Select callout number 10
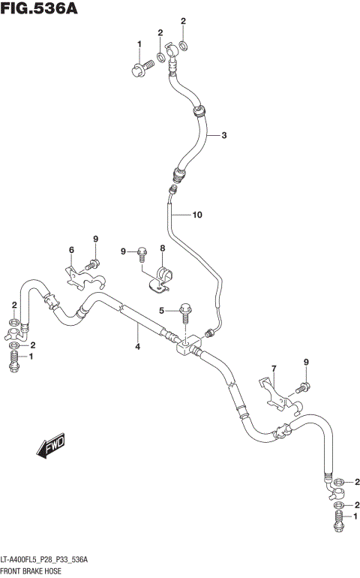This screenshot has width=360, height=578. click(197, 215)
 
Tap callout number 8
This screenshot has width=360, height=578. click(161, 248)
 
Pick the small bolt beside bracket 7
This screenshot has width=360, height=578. click(302, 387)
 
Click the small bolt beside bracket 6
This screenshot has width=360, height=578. click(92, 263)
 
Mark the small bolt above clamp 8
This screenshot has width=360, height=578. click(141, 254)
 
